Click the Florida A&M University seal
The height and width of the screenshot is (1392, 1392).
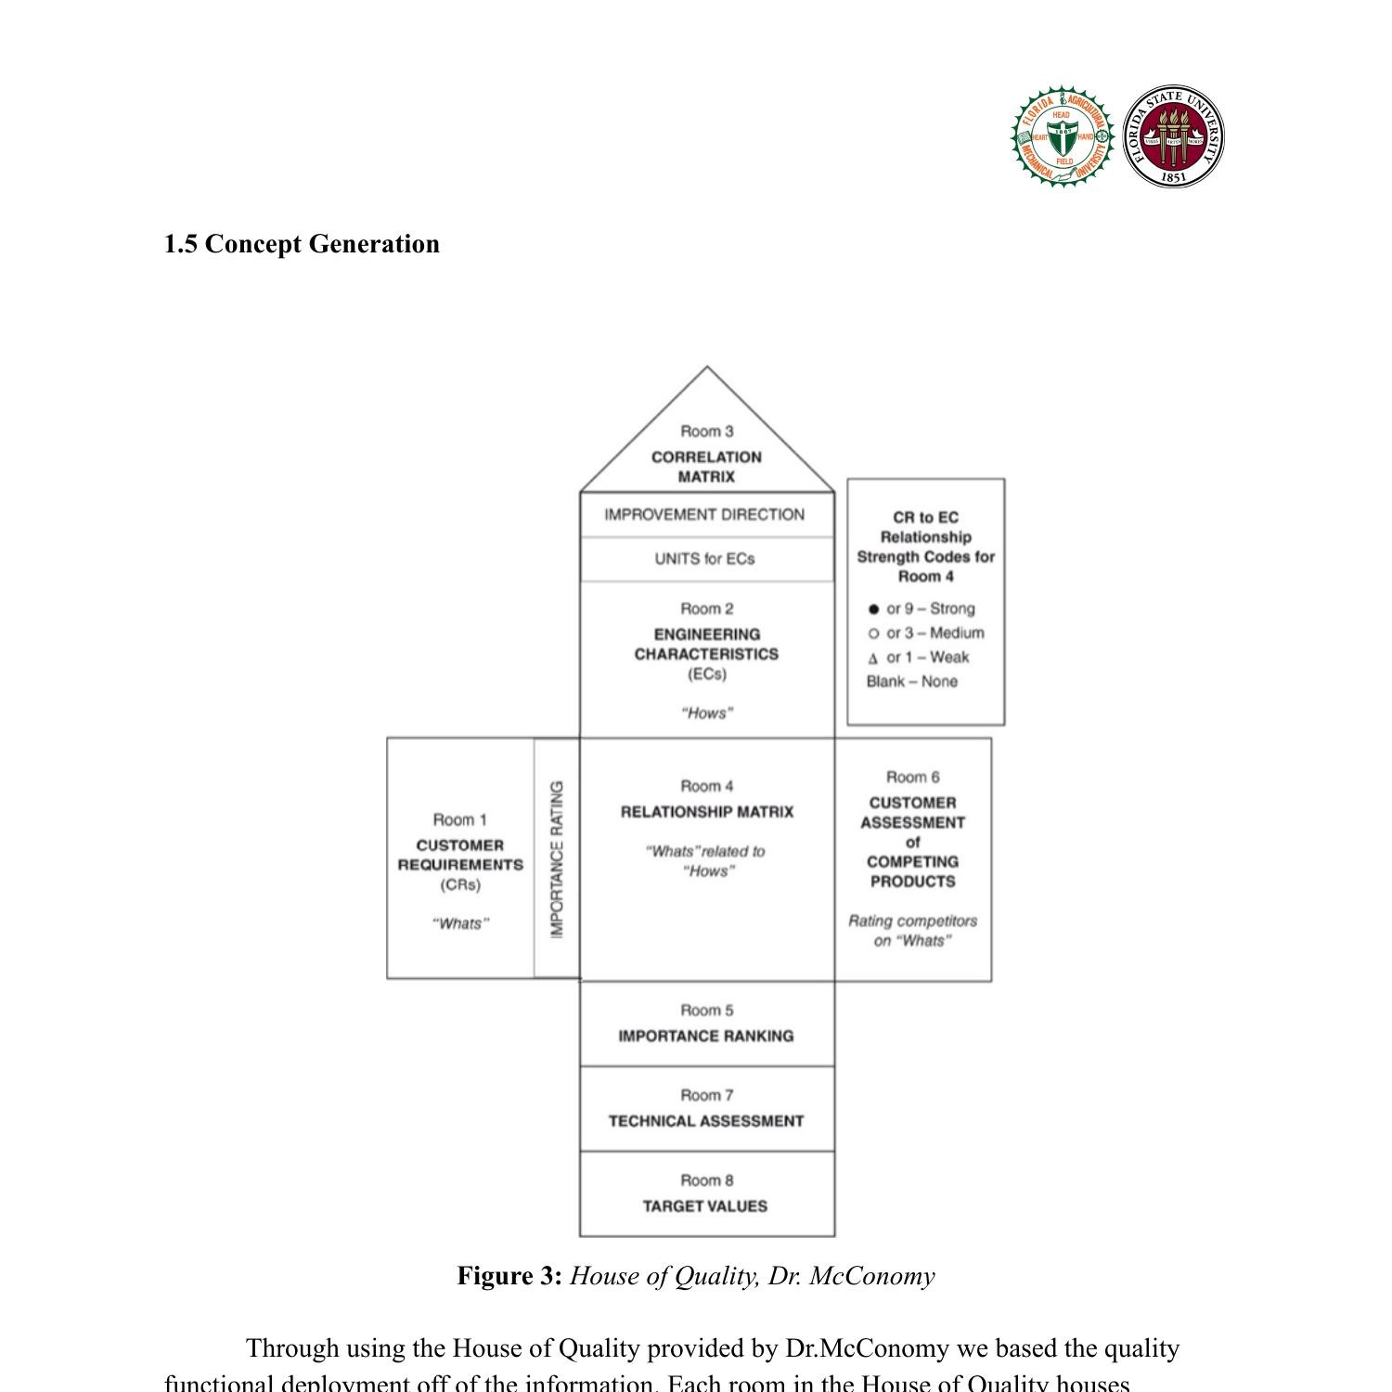click(1063, 137)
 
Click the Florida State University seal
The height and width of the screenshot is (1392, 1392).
click(1173, 137)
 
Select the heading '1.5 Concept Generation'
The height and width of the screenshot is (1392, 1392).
click(302, 244)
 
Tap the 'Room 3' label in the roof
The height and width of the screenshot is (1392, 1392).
click(706, 432)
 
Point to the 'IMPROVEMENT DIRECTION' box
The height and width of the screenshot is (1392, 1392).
click(705, 515)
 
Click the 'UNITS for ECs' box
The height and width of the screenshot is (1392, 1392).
click(705, 559)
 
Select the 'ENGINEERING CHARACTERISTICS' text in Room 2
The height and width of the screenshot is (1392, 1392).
click(706, 644)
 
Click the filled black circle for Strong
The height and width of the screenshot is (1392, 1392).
click(873, 610)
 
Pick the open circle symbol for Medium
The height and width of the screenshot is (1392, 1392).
click(873, 634)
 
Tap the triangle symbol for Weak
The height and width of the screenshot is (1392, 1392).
click(873, 659)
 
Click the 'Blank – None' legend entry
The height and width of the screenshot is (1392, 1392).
click(911, 682)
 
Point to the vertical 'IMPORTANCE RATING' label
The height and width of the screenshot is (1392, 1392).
click(557, 859)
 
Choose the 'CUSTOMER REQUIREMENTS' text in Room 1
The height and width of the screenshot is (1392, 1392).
click(460, 855)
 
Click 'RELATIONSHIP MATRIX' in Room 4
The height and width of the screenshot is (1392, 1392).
click(707, 812)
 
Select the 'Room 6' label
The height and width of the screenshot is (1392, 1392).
click(912, 778)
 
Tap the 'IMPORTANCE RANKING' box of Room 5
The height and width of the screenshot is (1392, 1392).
click(706, 1036)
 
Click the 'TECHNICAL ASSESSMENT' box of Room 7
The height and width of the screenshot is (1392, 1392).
click(706, 1121)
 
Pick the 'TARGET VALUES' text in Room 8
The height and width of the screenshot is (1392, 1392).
click(705, 1206)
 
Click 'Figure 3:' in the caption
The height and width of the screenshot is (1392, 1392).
click(509, 1276)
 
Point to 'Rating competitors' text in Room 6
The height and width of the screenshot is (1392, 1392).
click(912, 922)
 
